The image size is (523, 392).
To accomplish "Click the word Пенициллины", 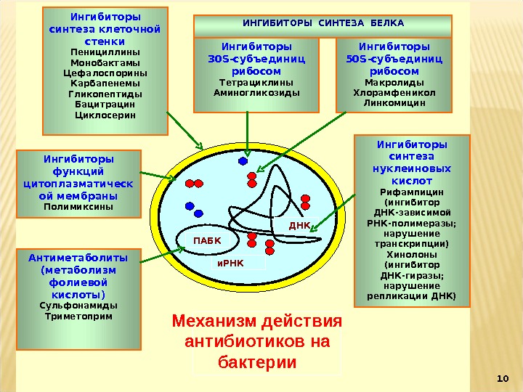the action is pyautogui.click(x=105, y=52).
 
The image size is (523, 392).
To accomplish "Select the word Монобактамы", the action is pyautogui.click(x=105, y=62).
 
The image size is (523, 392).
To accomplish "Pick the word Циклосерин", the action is pyautogui.click(x=105, y=115).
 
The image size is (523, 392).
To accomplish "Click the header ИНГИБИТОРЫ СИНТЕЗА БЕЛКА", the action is pyautogui.click(x=323, y=23).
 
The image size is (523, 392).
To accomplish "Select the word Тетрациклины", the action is pyautogui.click(x=256, y=83).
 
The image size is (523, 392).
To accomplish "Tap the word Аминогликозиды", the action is pyautogui.click(x=256, y=93).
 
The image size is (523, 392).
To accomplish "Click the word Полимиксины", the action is pyautogui.click(x=78, y=206).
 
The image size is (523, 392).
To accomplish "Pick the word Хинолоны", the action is pyautogui.click(x=412, y=255).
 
